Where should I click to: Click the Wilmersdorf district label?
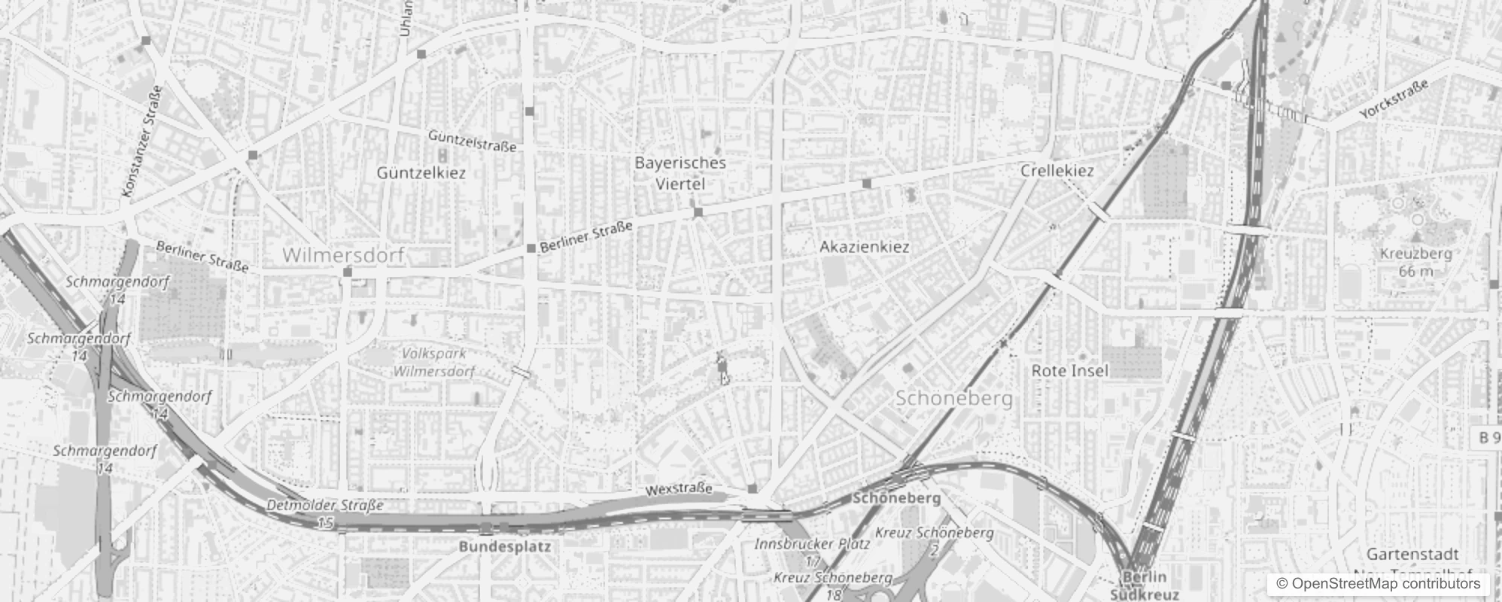[x=343, y=255]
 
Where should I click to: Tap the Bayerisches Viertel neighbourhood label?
[x=680, y=173]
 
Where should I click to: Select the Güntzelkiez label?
[x=421, y=172]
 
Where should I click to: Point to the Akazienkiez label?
[x=864, y=247]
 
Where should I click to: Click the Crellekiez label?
[x=1057, y=171]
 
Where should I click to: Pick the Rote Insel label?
[x=1069, y=370]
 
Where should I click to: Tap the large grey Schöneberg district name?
[x=953, y=398]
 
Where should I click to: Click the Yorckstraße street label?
[x=1394, y=101]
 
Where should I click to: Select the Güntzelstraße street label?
[x=472, y=140]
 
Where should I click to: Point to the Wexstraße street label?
[x=679, y=490]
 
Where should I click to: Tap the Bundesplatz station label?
[x=505, y=547]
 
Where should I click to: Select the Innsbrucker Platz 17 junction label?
[x=812, y=552]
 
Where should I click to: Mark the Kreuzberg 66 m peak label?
[x=1415, y=262]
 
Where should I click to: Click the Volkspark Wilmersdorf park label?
[x=434, y=362]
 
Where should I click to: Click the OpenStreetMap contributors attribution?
[x=1379, y=584]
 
